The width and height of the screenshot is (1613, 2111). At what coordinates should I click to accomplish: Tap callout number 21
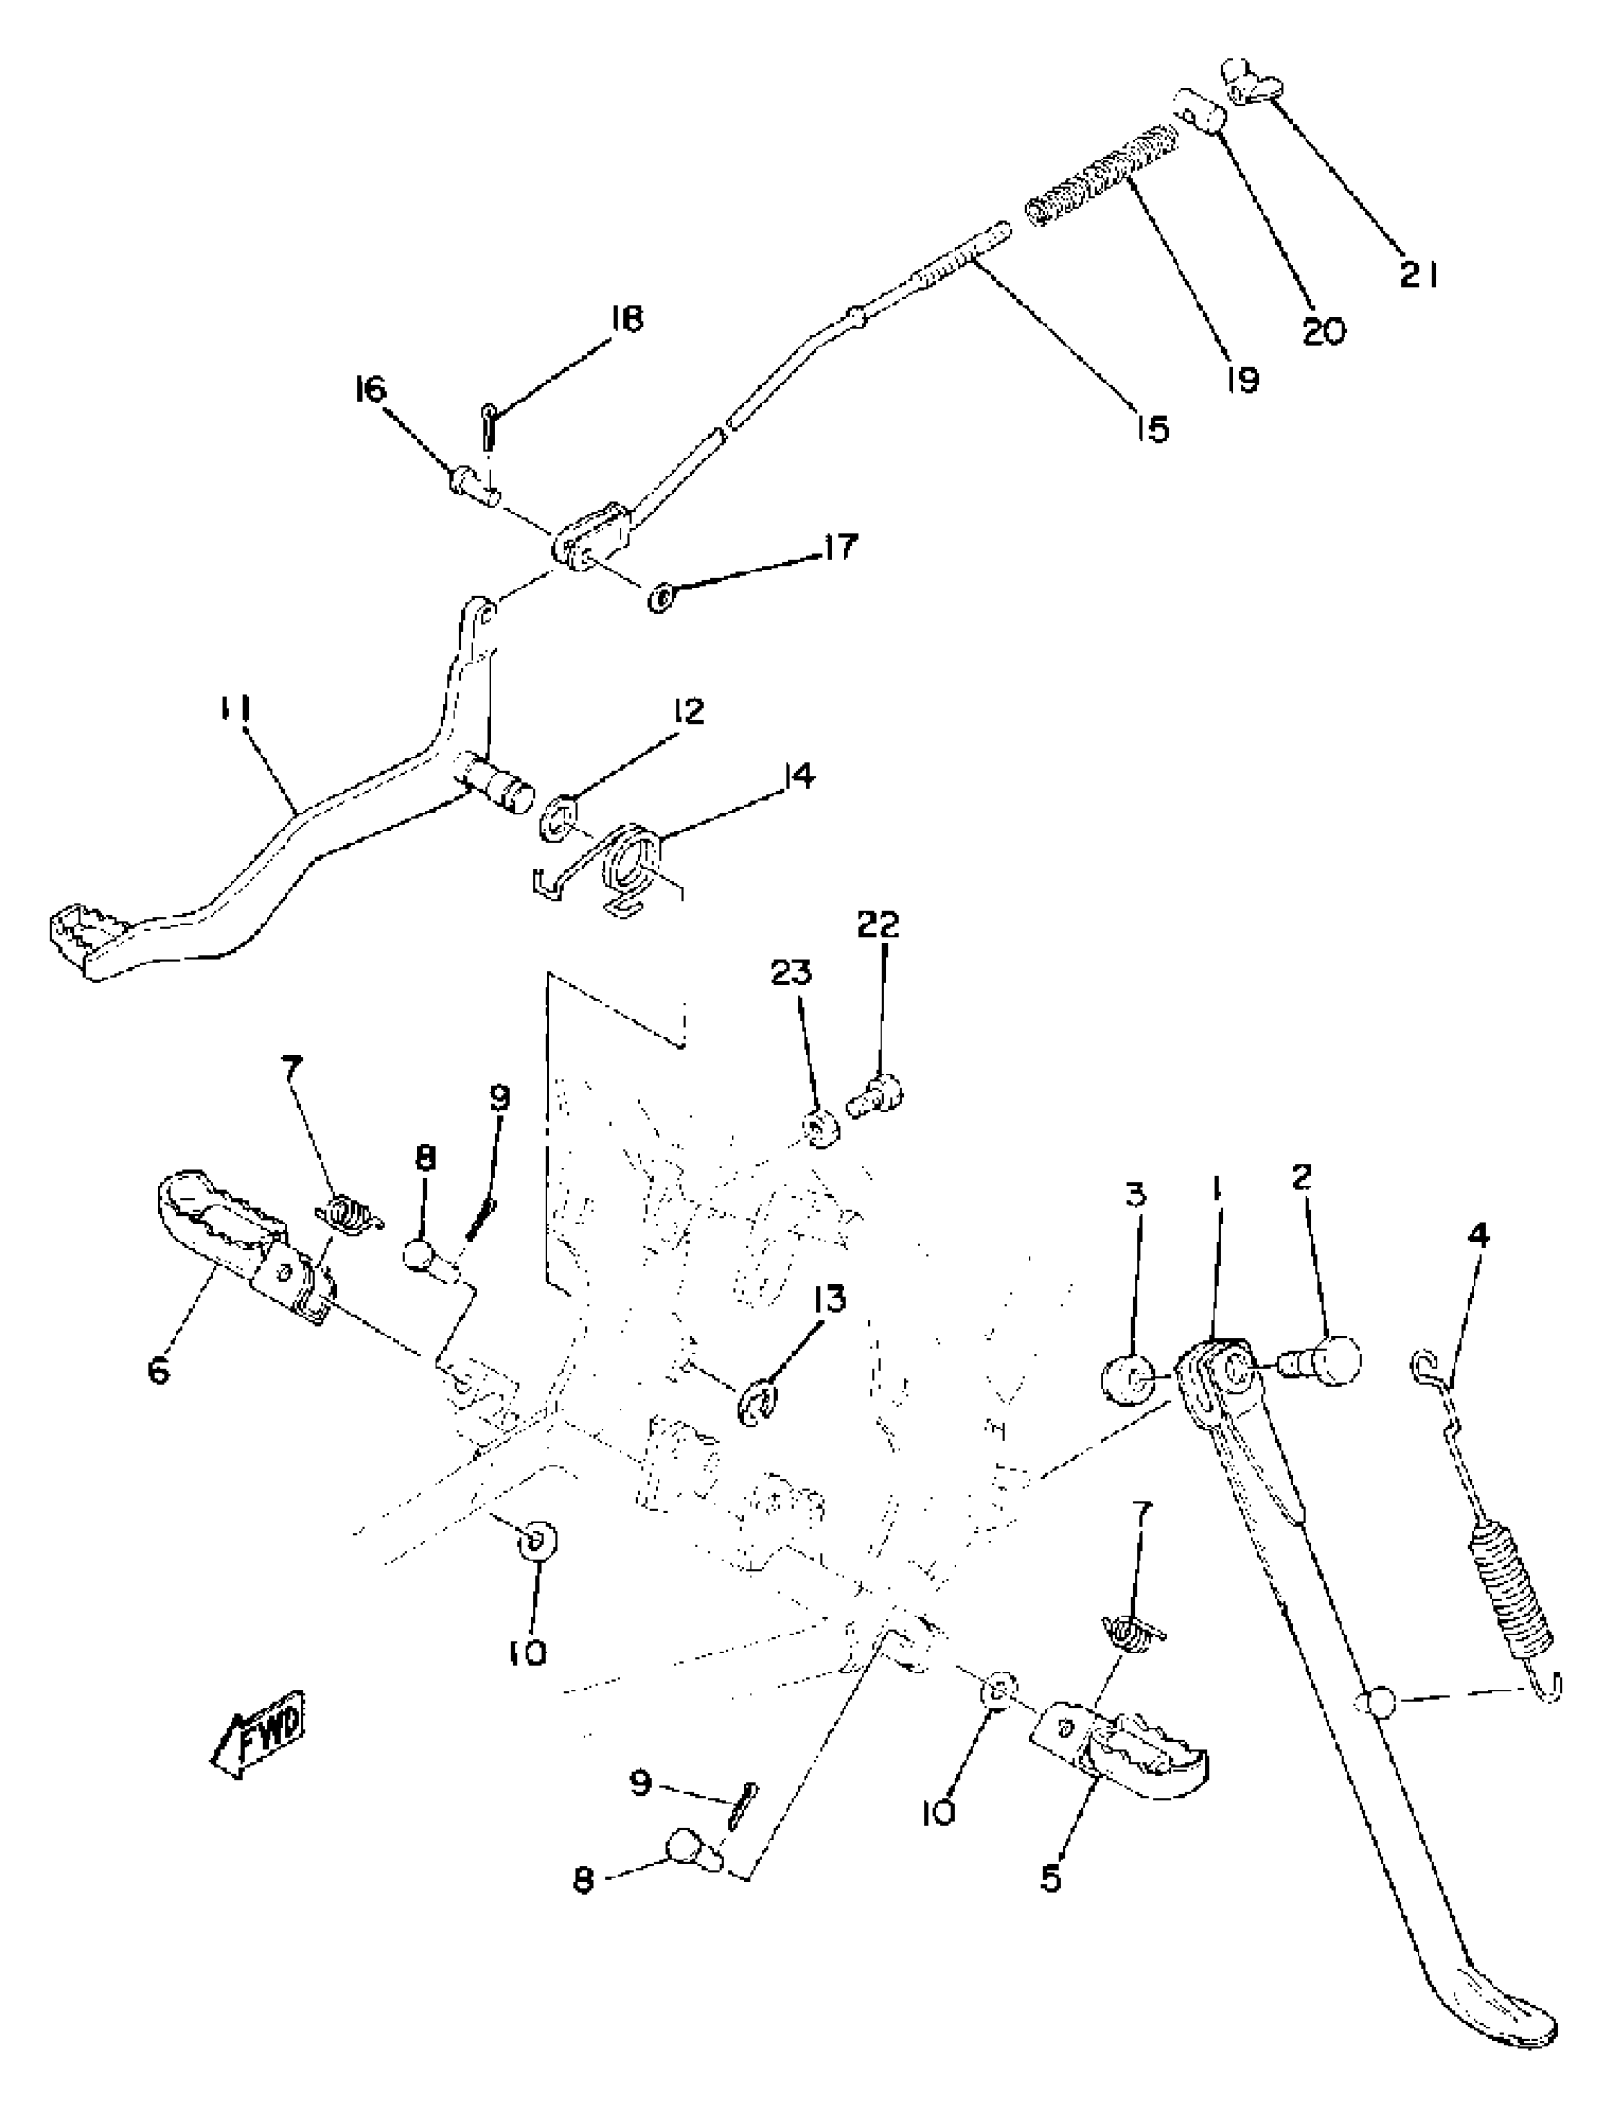pos(1417,276)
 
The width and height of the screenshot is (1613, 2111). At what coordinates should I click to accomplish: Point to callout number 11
pos(234,710)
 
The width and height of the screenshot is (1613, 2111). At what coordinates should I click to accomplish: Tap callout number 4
pos(1479,1236)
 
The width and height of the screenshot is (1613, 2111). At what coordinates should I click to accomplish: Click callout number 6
pos(159,1371)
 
